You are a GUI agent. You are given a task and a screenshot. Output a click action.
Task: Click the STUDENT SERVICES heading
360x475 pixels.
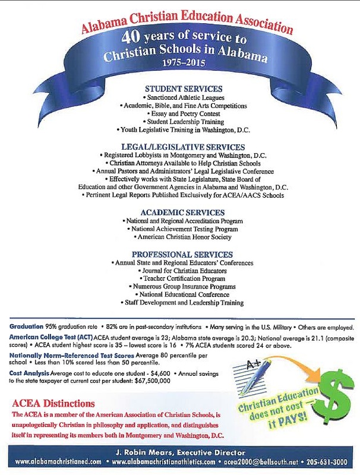[180, 88]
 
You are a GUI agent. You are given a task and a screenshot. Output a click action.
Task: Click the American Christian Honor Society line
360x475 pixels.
[181, 237]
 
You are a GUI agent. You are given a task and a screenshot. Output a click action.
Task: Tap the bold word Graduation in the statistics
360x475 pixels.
[26, 327]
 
